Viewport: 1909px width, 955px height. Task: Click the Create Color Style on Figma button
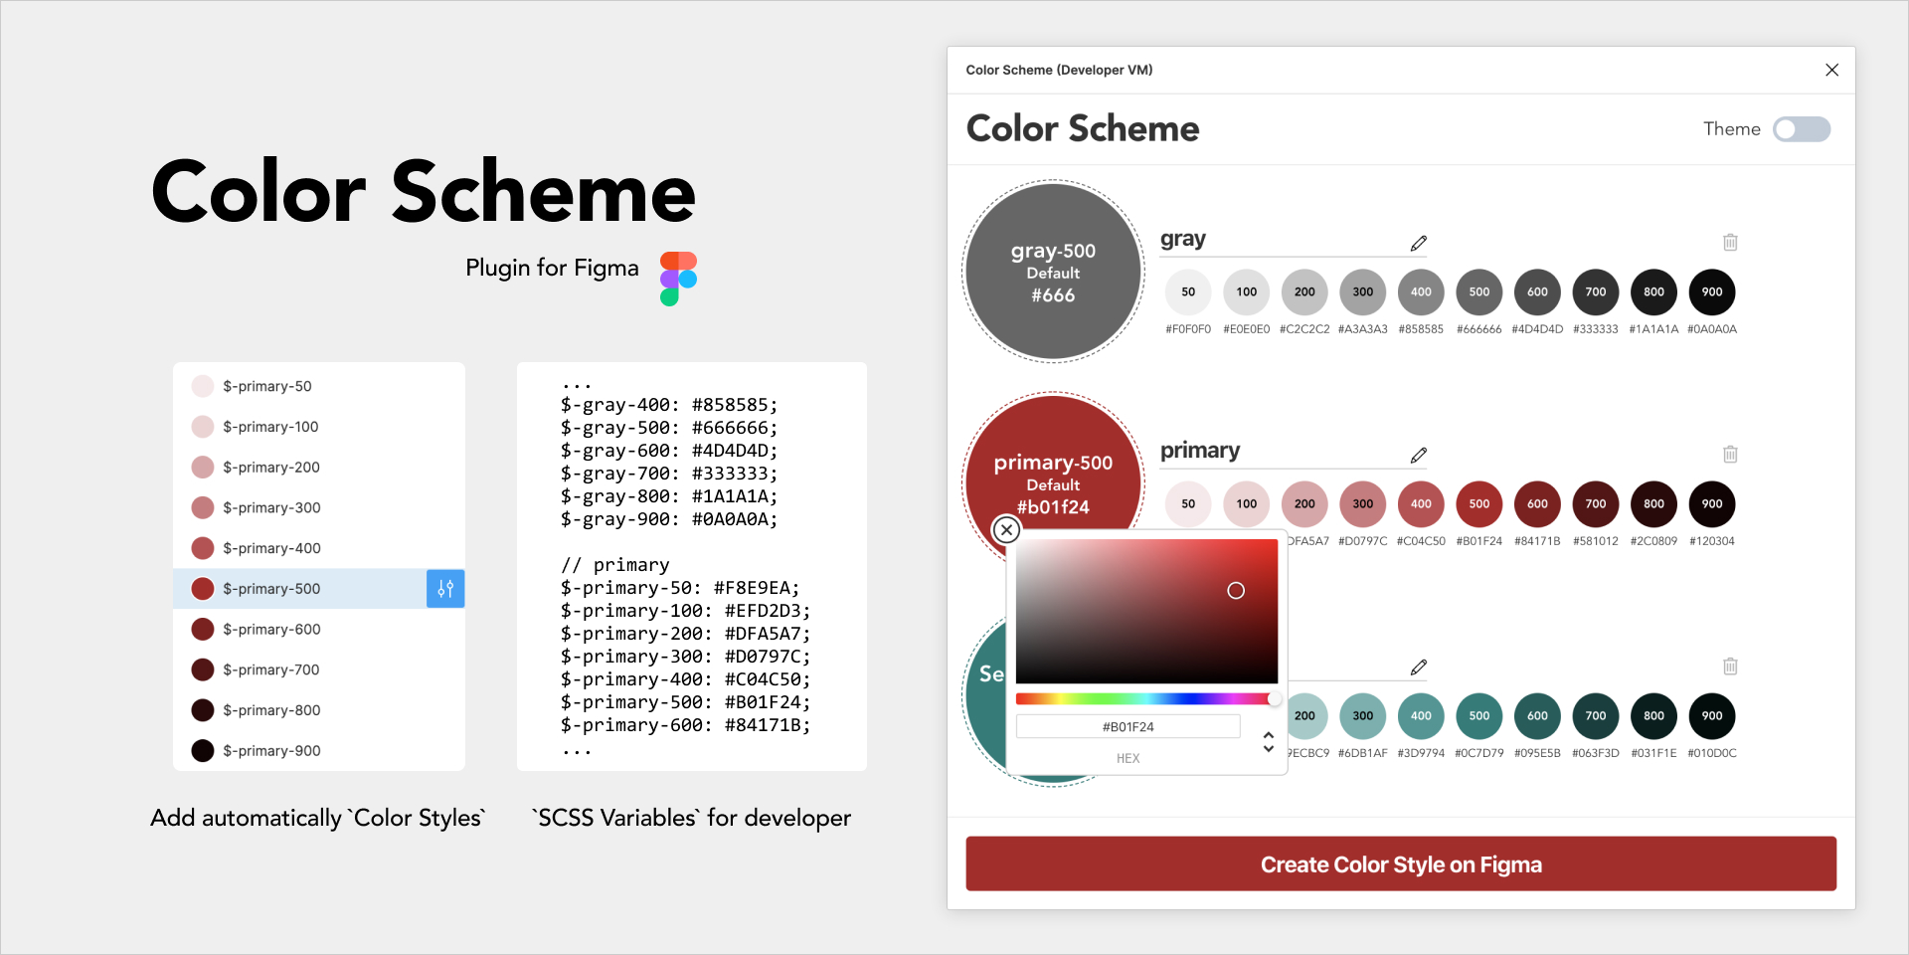click(x=1400, y=863)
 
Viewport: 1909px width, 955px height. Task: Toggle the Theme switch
click(x=1801, y=129)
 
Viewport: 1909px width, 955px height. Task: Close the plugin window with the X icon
click(x=1831, y=70)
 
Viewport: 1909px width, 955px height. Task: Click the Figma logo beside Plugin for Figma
click(x=678, y=279)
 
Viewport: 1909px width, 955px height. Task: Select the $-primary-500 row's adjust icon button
click(x=445, y=589)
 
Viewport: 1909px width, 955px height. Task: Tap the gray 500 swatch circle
click(x=1478, y=291)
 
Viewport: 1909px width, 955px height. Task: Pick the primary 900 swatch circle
click(x=1711, y=503)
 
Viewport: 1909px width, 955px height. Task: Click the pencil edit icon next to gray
click(x=1418, y=243)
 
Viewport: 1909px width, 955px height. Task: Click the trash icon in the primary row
click(x=1730, y=454)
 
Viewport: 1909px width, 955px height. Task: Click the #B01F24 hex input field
click(x=1128, y=727)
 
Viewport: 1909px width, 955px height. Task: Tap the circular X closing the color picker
click(x=1006, y=530)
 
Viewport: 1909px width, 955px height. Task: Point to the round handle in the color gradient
click(x=1236, y=591)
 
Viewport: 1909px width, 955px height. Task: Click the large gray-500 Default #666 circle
click(x=1053, y=272)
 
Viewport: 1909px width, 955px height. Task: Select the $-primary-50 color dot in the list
click(x=203, y=386)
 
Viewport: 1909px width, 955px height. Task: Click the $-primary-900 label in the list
click(x=271, y=751)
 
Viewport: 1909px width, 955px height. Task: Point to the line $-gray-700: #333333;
click(x=669, y=474)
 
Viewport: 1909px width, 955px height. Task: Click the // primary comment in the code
click(x=615, y=565)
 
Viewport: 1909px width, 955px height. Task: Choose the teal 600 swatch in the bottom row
click(x=1537, y=715)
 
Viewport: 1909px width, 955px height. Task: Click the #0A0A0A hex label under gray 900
click(x=1711, y=329)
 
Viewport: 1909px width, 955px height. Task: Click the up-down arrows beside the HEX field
click(x=1268, y=742)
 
